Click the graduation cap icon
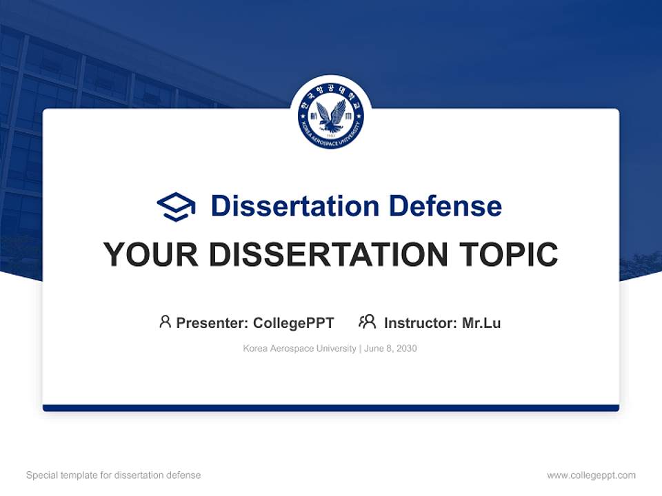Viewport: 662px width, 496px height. (177, 206)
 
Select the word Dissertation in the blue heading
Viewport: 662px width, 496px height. (294, 206)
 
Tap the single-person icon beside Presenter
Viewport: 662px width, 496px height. (165, 322)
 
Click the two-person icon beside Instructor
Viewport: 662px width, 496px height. (368, 322)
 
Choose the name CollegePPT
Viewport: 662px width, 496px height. (294, 323)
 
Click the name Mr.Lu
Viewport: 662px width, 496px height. (481, 323)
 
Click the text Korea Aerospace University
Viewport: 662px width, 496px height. (299, 349)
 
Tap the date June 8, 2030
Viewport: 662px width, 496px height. (391, 349)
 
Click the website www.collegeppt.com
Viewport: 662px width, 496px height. (591, 475)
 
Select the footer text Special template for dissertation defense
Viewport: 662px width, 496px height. (114, 475)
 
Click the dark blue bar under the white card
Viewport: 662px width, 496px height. (331, 408)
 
